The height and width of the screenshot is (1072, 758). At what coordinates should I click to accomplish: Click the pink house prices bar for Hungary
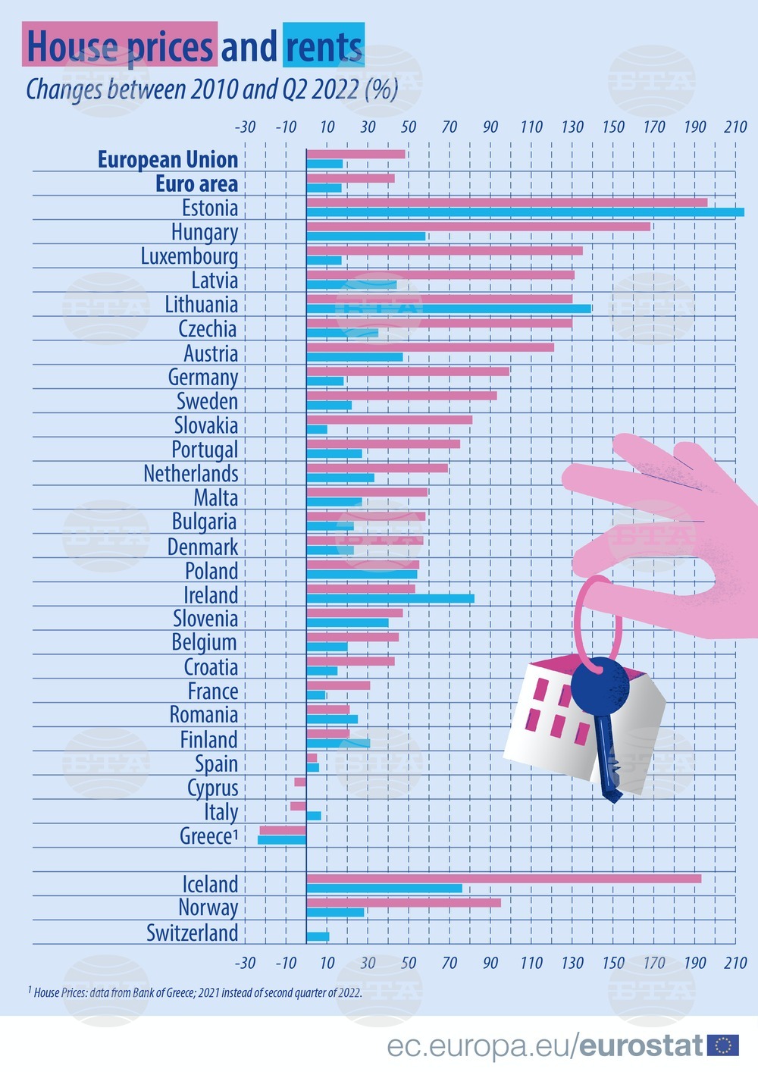pos(478,227)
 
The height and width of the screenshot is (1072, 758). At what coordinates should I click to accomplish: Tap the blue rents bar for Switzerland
pos(318,936)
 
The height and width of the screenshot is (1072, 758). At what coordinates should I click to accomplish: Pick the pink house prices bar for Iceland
pos(503,879)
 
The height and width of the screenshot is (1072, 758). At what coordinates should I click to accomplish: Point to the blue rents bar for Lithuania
pos(448,309)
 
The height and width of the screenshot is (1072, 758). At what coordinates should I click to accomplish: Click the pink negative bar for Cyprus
pos(300,782)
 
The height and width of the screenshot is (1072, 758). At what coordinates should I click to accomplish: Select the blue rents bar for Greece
pos(282,840)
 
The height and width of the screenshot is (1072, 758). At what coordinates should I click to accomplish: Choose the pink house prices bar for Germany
pos(408,371)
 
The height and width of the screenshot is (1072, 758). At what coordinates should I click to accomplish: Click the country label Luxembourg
pos(189,256)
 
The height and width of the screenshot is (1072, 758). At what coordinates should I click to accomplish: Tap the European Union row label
pos(168,160)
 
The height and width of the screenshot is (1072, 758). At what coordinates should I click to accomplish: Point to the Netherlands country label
pos(191,474)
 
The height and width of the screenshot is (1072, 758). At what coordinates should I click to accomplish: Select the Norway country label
pos(208,907)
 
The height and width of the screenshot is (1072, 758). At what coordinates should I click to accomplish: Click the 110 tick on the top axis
pos(531,127)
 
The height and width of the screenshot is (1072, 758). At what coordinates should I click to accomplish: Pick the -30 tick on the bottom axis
pos(245,963)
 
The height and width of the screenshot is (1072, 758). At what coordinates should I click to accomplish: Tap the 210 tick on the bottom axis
pos(735,963)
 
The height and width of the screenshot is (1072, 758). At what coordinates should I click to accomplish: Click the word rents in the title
pos(324,46)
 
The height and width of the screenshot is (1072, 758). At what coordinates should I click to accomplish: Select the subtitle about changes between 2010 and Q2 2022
pos(212,89)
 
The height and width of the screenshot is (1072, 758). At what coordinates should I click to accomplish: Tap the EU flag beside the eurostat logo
pos(722,1046)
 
